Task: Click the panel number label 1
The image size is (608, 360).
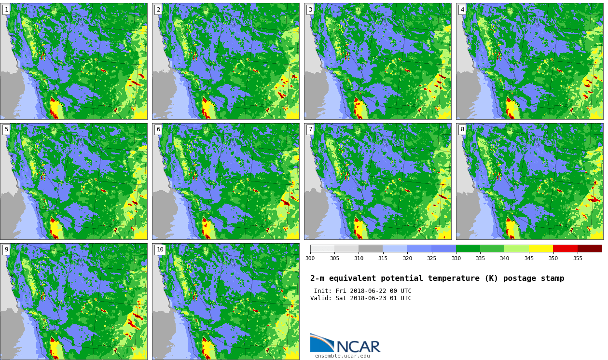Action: [7, 10]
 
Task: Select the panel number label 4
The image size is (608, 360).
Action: [462, 10]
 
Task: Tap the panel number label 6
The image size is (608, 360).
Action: [158, 129]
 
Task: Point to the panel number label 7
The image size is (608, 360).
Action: [311, 129]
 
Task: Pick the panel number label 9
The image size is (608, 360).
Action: [7, 249]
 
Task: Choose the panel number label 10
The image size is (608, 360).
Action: [160, 249]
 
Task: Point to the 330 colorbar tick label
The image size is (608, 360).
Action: [456, 258]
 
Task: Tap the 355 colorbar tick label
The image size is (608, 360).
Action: [578, 258]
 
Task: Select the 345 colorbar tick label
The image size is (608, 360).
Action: [529, 258]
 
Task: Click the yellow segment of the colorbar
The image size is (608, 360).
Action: [541, 249]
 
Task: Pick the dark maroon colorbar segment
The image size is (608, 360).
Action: [590, 249]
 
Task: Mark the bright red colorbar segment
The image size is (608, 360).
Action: [566, 249]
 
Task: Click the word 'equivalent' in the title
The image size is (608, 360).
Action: [352, 278]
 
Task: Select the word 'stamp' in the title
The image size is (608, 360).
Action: [553, 278]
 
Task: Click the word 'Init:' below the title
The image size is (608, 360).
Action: [323, 291]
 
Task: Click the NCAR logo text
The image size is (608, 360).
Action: [358, 346]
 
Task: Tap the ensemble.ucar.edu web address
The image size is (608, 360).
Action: [343, 356]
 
